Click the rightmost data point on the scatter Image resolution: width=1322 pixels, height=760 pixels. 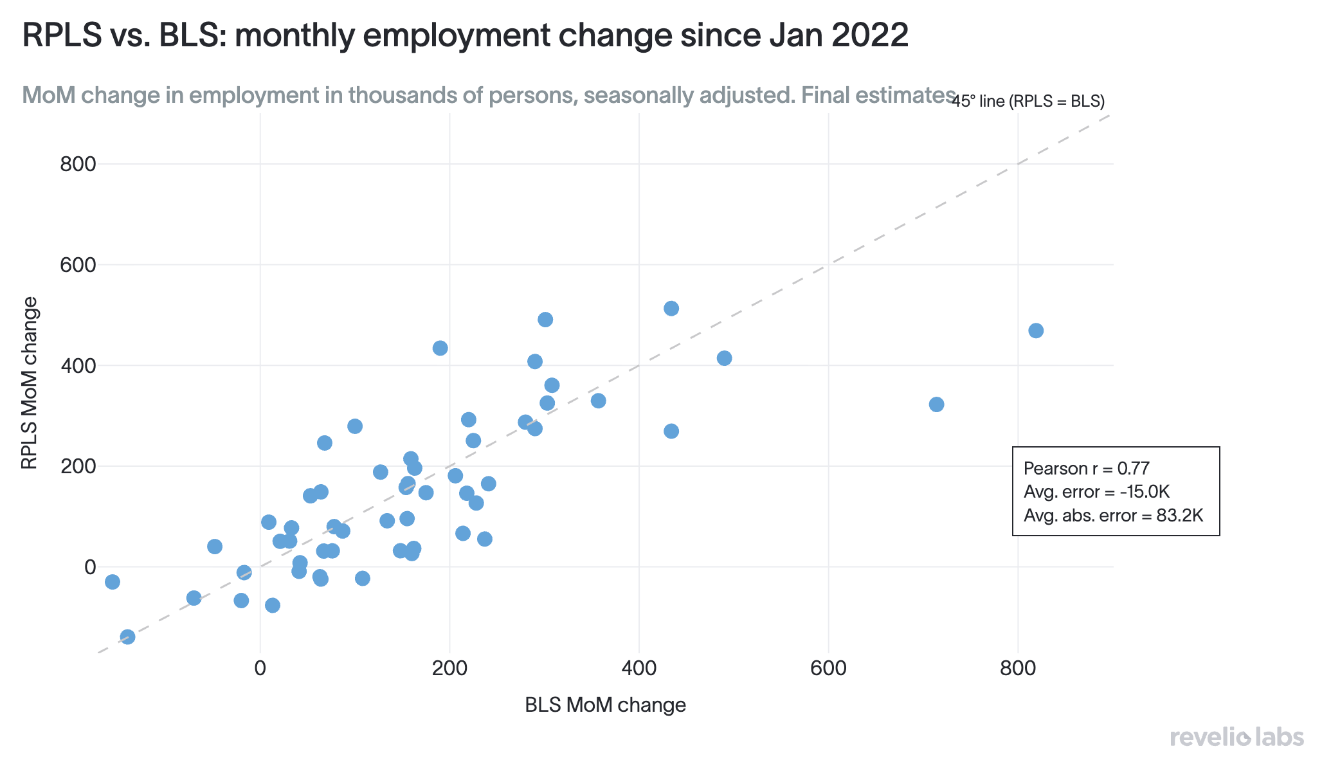[1036, 330]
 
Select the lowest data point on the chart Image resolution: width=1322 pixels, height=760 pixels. [128, 637]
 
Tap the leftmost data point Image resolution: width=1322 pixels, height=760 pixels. [113, 582]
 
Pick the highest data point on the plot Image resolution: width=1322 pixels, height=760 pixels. [671, 309]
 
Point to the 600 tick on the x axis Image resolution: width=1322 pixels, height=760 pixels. [829, 668]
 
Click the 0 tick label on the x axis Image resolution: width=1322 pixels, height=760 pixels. [260, 668]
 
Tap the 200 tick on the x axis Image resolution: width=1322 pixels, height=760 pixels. [449, 668]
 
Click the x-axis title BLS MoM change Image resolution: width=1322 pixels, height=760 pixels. [606, 705]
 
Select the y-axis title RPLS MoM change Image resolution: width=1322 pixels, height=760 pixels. [30, 383]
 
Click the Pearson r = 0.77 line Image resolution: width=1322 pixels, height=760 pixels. [1087, 468]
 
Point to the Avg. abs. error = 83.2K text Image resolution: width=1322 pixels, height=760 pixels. [1113, 515]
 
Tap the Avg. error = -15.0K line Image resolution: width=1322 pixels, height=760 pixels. [1096, 492]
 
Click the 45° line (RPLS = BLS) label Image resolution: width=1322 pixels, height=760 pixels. [1028, 101]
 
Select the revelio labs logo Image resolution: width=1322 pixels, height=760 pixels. [1236, 737]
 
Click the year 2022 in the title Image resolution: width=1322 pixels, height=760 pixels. [870, 35]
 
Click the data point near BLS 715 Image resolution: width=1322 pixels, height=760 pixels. [937, 404]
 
